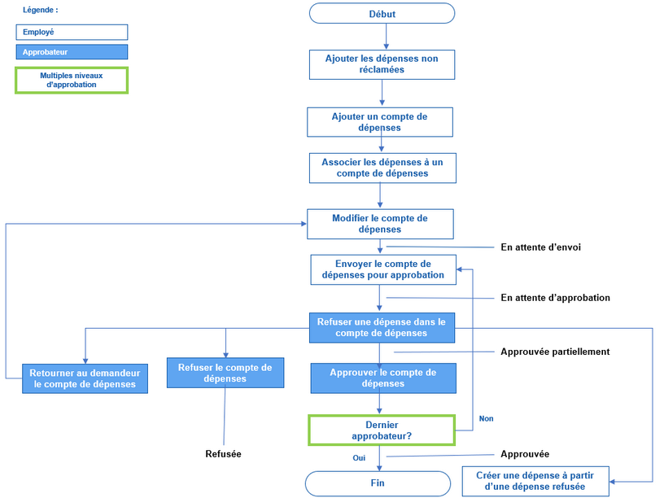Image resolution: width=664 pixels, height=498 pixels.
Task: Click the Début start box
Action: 382,13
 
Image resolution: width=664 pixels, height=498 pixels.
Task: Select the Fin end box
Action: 378,483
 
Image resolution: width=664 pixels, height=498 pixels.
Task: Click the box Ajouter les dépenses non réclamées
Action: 382,64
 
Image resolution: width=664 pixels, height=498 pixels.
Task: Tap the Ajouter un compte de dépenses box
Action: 379,122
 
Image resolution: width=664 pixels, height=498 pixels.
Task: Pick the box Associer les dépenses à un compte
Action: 382,168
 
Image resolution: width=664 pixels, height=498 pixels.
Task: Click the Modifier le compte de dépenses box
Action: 379,224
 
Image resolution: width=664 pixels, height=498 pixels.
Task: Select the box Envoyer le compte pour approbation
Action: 383,269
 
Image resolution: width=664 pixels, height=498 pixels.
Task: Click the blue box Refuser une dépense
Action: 382,327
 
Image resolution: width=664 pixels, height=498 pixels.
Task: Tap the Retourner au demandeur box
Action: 85,378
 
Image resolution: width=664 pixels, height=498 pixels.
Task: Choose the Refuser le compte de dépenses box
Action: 225,373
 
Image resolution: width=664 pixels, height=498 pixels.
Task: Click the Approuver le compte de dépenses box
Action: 382,378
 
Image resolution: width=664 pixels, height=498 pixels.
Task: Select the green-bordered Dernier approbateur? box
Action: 381,430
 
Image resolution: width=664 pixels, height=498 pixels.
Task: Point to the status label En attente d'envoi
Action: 540,247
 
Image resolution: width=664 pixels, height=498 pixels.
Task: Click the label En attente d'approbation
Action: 555,298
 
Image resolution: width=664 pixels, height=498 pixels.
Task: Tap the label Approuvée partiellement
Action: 554,352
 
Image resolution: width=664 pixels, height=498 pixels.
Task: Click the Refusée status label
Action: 223,454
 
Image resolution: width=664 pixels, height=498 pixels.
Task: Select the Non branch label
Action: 486,418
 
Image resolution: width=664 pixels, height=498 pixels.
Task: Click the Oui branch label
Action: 359,458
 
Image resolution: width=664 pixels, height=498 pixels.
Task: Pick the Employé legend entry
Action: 72,32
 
